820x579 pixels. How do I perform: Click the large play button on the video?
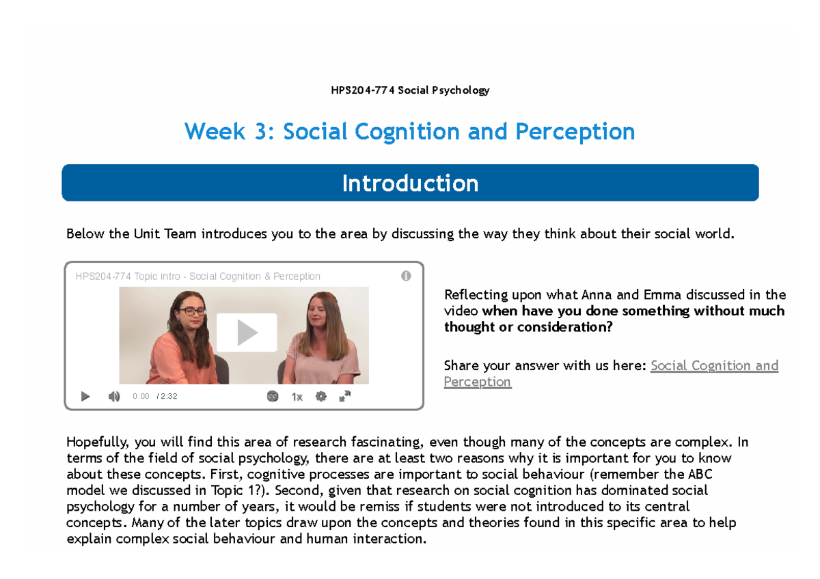point(247,333)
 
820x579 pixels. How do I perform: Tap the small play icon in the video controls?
point(85,396)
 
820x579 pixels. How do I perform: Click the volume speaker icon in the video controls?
point(114,396)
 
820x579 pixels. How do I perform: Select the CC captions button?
point(273,396)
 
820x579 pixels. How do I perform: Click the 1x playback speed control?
point(297,397)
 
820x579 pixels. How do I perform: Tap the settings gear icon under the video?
point(321,396)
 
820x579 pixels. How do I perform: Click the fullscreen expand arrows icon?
point(345,396)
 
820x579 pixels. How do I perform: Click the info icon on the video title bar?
point(406,276)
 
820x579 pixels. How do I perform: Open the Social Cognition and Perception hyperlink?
point(714,365)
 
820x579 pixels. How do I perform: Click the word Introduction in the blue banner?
point(410,183)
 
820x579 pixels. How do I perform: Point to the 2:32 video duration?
point(168,396)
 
